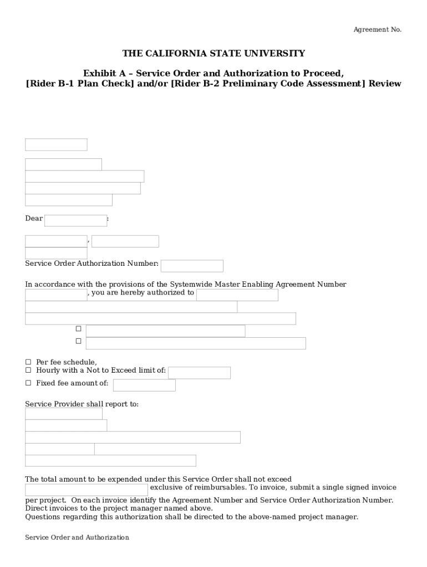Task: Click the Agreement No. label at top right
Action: (x=377, y=30)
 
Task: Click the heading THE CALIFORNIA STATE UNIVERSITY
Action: (x=213, y=54)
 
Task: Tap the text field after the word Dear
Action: (x=75, y=220)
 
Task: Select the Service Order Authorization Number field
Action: (x=192, y=266)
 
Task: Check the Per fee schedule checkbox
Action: (x=28, y=362)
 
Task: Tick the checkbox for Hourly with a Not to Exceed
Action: (x=28, y=370)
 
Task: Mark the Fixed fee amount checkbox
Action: (x=28, y=383)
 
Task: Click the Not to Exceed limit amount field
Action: (x=199, y=373)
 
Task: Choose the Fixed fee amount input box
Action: (x=144, y=385)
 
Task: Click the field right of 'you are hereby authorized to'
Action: (x=237, y=295)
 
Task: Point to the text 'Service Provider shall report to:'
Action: (x=82, y=404)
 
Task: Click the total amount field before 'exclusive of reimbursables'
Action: (x=86, y=489)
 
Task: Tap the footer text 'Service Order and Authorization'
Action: (x=77, y=538)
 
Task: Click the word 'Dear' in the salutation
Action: (x=34, y=219)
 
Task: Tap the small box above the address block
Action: (x=56, y=145)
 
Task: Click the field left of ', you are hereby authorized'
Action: (x=56, y=295)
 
